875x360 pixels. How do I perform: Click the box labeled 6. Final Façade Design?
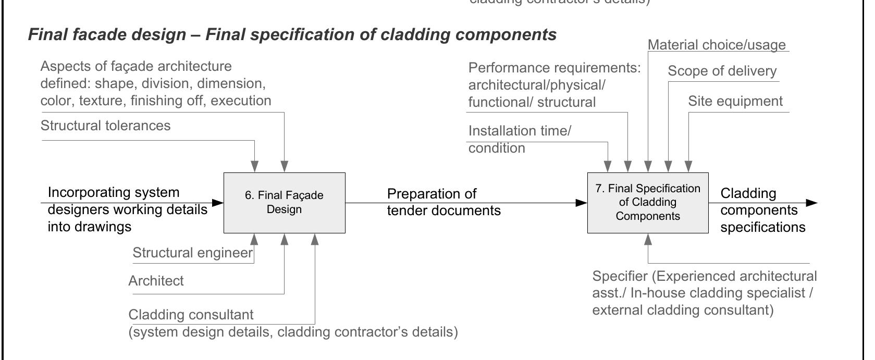[x=284, y=203]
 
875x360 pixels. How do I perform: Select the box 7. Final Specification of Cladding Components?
[x=648, y=203]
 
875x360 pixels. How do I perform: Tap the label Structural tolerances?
[x=105, y=126]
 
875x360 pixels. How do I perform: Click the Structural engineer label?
[x=192, y=253]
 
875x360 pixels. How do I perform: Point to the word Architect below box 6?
[x=156, y=281]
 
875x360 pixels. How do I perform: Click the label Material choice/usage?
[x=717, y=45]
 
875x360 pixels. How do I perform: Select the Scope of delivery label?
[x=722, y=71]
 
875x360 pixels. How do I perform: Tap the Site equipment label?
[x=735, y=101]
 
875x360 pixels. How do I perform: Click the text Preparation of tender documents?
[x=443, y=202]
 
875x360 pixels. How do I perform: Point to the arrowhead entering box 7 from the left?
[x=582, y=203]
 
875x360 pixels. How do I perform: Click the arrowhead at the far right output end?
[x=811, y=203]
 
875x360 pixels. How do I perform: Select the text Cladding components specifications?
[x=762, y=210]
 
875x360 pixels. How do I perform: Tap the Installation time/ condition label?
[x=519, y=139]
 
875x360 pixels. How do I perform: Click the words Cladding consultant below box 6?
[x=191, y=315]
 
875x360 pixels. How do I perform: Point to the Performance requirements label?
[x=553, y=68]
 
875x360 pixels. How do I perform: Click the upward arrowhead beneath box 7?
[x=648, y=239]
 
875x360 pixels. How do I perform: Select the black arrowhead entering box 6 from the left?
[x=218, y=202]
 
